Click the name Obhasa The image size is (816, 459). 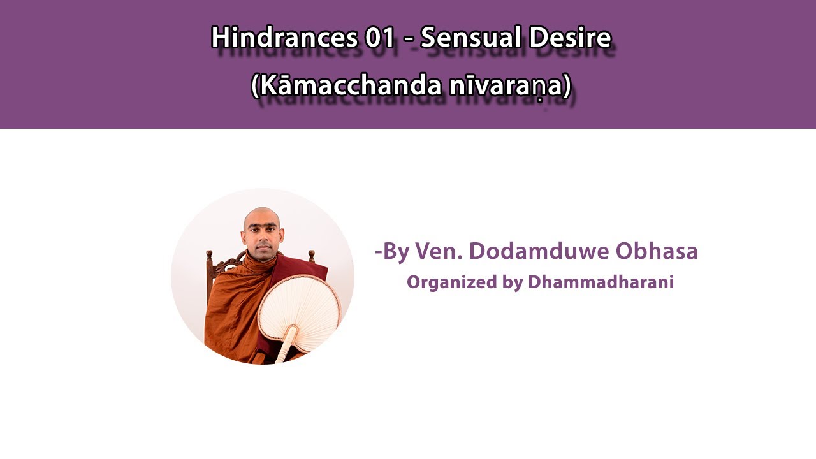[657, 251]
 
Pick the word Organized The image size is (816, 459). [452, 282]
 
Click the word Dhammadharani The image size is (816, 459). [601, 282]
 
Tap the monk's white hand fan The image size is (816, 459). [300, 309]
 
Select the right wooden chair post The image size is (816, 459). [311, 256]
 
